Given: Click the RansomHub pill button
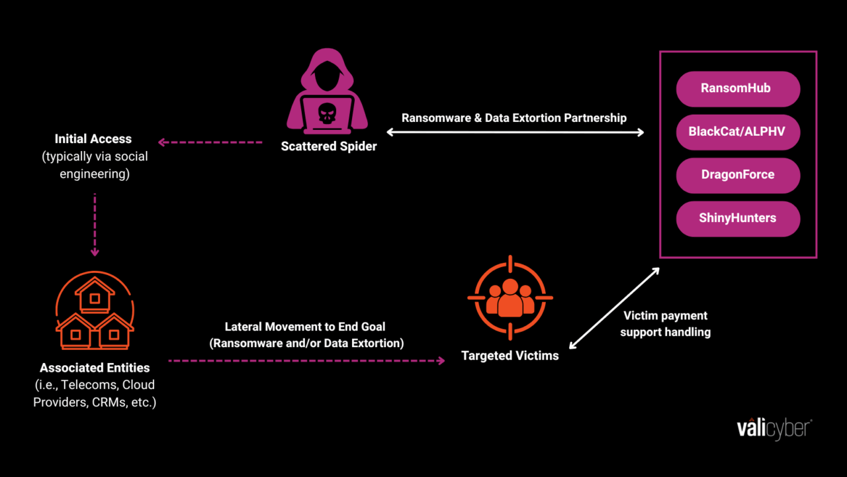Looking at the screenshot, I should click(738, 89).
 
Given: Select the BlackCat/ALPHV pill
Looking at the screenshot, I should click(738, 132).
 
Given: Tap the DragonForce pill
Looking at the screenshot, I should click(738, 175).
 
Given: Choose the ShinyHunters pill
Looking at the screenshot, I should click(738, 218).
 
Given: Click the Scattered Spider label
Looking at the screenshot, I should click(329, 146).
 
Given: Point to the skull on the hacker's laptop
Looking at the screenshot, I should click(328, 113).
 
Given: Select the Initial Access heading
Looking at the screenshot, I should click(93, 139).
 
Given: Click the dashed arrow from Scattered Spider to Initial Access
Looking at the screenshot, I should click(210, 142).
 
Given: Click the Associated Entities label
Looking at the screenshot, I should click(95, 368).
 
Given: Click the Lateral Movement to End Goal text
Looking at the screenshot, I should click(305, 327).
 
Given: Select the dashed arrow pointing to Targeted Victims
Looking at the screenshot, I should click(306, 360).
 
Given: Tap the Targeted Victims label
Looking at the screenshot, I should click(510, 356).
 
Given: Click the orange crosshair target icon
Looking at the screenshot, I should click(510, 297).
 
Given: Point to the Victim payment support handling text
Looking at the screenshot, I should click(664, 324).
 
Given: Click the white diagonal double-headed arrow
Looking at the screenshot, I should click(615, 308).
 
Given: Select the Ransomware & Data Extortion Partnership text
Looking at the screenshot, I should click(514, 118).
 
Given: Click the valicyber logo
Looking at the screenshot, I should click(774, 428).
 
